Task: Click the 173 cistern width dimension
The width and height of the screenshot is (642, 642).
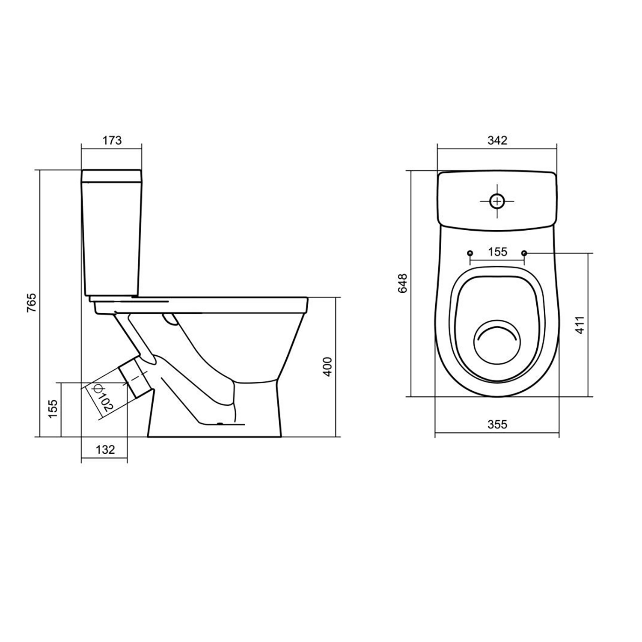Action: coord(112,140)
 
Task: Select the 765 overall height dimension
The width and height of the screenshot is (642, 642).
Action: coord(33,303)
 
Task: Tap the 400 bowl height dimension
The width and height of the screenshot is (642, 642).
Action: coord(327,366)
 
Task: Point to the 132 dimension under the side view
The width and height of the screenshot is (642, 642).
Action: coord(105,449)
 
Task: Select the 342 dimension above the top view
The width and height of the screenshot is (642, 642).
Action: coord(497,140)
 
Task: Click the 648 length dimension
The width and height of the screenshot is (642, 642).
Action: coord(403,283)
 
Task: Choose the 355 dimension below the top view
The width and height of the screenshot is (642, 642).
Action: coord(497,424)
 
